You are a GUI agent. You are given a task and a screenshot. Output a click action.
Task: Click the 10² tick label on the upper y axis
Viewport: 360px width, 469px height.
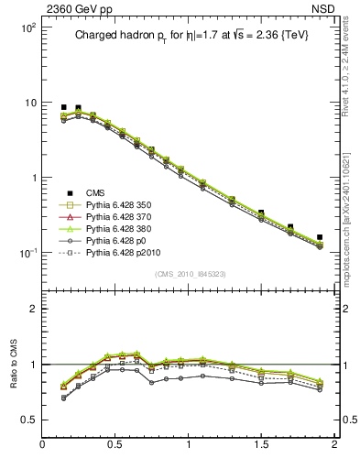click(27, 28)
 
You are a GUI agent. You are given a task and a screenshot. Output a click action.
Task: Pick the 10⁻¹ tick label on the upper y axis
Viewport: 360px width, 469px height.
click(27, 253)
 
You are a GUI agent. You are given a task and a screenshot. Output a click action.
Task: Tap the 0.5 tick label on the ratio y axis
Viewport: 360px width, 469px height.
click(27, 420)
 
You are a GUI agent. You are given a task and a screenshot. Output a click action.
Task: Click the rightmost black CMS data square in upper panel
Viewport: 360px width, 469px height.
click(320, 237)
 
